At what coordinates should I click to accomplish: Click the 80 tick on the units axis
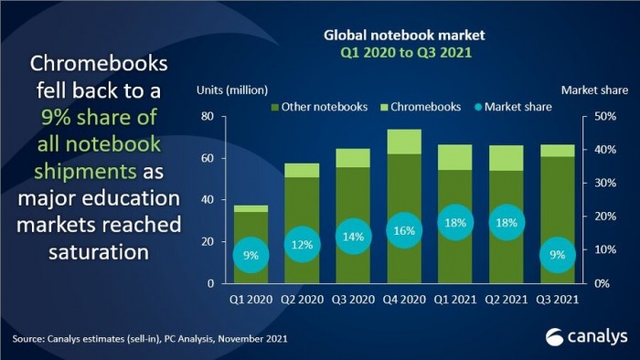click(208, 117)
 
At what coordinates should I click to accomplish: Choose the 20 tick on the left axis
click(208, 241)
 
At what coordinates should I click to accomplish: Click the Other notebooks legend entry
click(311, 107)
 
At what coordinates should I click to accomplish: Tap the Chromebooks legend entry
click(420, 107)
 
